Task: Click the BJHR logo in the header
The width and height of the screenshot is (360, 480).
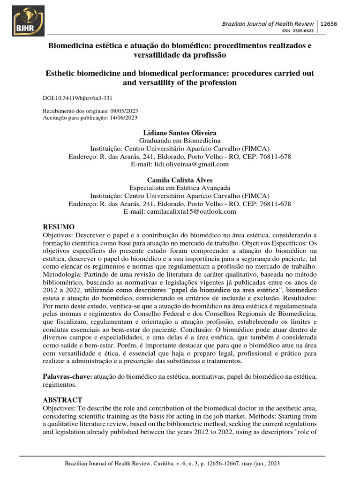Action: click(x=28, y=21)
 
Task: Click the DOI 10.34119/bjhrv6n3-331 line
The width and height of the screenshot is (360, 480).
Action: click(x=77, y=98)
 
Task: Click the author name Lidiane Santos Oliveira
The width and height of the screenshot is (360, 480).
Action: click(x=180, y=133)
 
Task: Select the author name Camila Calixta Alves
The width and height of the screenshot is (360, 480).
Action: click(x=180, y=180)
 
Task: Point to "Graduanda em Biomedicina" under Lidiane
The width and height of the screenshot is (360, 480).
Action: click(x=180, y=141)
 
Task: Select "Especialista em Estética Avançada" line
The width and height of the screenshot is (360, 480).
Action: click(x=180, y=188)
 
